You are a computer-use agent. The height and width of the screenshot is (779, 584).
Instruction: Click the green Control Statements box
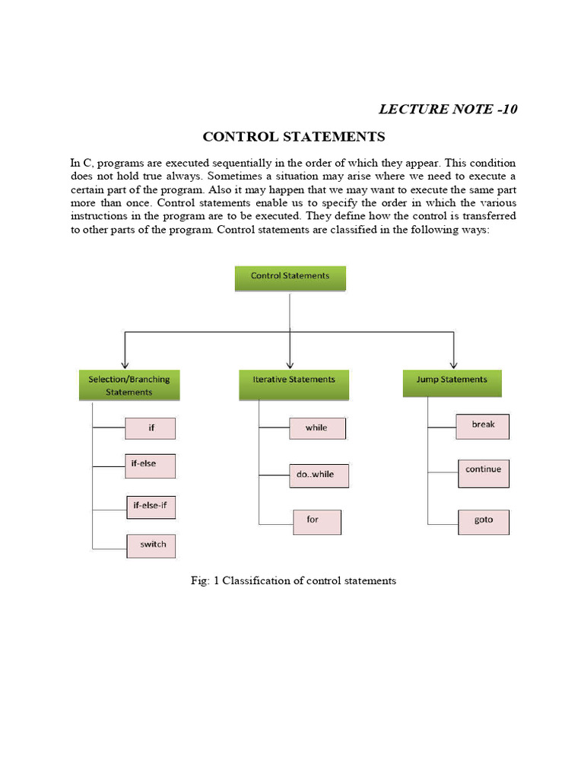click(290, 277)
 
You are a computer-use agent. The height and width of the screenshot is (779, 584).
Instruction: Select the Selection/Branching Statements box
click(129, 385)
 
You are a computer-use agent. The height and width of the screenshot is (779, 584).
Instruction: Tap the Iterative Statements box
click(294, 385)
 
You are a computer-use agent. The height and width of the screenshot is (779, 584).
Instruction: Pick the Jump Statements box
click(452, 383)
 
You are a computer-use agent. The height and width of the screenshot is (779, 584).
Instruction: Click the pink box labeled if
click(151, 428)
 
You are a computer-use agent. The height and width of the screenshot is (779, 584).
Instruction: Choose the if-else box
click(151, 466)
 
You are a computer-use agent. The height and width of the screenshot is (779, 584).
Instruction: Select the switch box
click(152, 545)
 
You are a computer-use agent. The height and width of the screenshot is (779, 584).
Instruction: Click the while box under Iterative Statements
click(317, 428)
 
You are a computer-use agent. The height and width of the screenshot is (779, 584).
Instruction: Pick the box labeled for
click(317, 521)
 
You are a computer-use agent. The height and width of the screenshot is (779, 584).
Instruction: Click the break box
click(483, 426)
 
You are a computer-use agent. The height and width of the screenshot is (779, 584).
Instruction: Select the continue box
click(483, 472)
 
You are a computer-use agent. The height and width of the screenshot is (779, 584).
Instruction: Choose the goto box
click(483, 521)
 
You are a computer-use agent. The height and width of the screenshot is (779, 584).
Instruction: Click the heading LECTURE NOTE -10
click(448, 110)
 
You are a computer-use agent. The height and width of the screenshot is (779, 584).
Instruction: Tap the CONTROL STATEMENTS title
click(294, 138)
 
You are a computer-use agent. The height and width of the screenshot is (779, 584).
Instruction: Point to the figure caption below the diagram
click(293, 581)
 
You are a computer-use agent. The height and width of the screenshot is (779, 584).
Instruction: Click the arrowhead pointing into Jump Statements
click(454, 364)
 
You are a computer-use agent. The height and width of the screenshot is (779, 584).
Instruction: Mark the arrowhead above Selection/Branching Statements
click(125, 364)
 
